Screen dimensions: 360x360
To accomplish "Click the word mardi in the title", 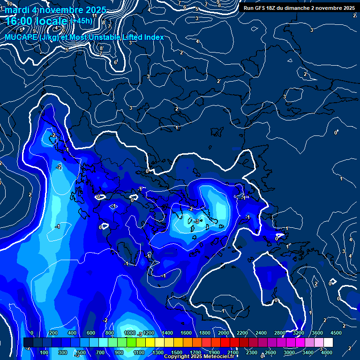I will pos(17,10).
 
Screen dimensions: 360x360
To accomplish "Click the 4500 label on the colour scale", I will pos(336,333).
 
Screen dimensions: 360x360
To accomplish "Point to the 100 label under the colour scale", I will pos(45,352).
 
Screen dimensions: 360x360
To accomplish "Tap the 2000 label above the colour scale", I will pos(224,333).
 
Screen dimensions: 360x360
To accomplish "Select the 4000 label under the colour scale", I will pos(327,352).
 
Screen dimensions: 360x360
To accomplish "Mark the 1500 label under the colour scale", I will pos(177,352).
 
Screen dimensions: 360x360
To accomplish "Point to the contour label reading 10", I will pos(9,3).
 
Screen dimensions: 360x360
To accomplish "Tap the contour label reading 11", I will pos(95,15).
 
